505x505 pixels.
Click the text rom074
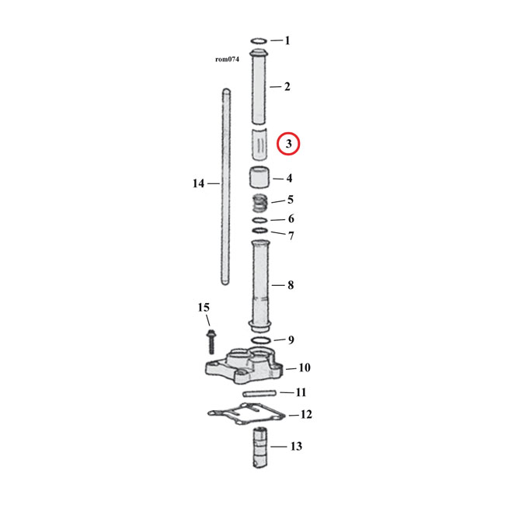click(x=228, y=59)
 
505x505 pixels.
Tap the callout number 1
click(x=287, y=40)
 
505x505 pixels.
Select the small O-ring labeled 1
click(x=259, y=41)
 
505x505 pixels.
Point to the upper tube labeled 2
click(x=259, y=85)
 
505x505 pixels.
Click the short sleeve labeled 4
click(x=259, y=178)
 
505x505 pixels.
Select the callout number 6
click(x=290, y=219)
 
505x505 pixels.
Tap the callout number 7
click(x=291, y=235)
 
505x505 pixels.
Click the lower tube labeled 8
click(x=260, y=284)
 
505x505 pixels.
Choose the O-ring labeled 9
click(x=260, y=341)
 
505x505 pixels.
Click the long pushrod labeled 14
click(x=225, y=186)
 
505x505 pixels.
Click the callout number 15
click(x=203, y=308)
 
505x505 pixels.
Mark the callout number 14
click(x=198, y=183)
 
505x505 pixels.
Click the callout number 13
click(x=295, y=447)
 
